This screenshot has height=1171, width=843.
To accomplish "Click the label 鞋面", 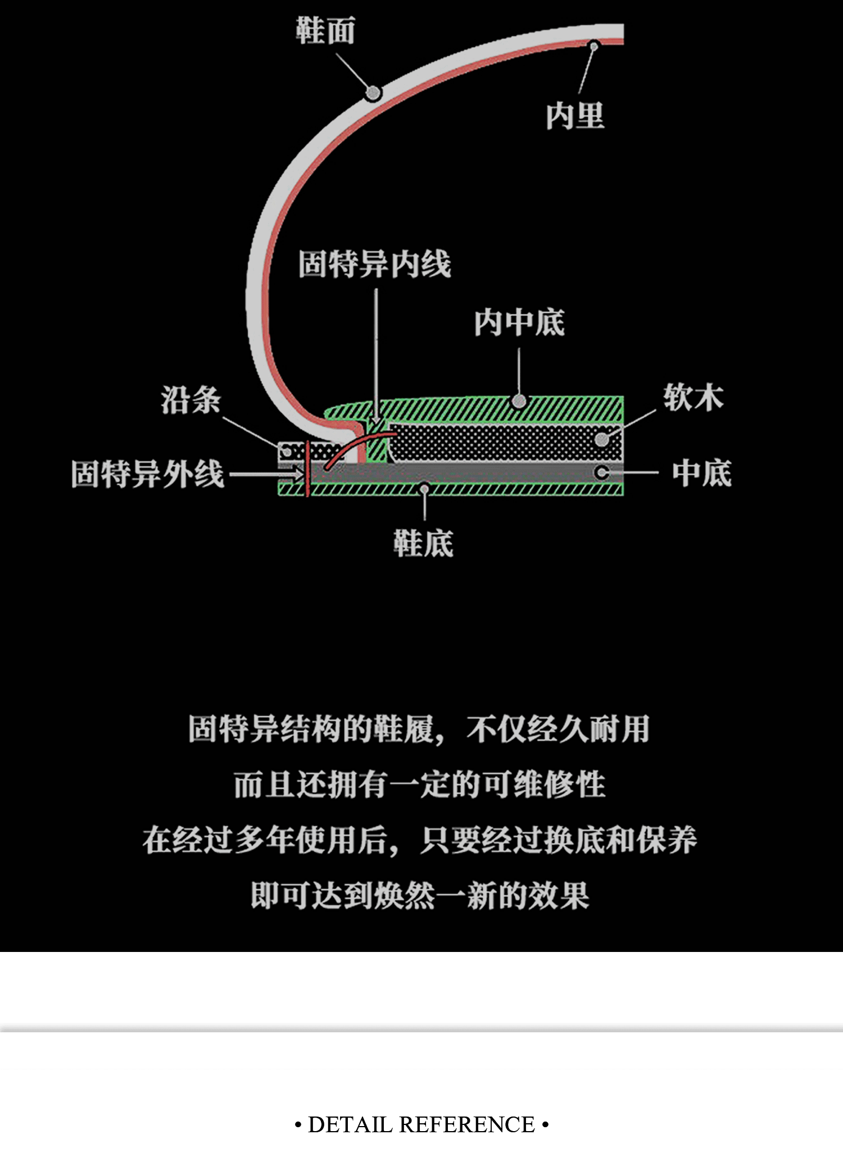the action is (325, 30).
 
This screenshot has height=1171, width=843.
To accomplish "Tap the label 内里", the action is (574, 116).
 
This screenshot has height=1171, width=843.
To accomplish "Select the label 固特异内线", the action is (374, 264).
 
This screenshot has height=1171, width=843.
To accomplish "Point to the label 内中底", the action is (519, 323).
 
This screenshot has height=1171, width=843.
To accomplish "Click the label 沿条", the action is (191, 400).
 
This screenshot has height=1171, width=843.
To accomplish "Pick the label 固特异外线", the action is (147, 474).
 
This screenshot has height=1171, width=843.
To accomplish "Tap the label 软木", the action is (693, 398).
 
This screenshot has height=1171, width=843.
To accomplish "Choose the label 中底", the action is (702, 473).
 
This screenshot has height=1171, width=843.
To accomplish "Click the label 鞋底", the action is (423, 543).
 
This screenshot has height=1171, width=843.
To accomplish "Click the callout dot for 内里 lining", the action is (593, 45).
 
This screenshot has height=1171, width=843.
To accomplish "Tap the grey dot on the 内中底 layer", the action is (519, 401).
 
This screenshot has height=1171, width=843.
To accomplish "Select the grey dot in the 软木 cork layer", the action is (601, 439).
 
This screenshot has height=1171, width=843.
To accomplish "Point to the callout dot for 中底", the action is (601, 472).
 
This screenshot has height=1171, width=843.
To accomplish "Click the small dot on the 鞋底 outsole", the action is (424, 489).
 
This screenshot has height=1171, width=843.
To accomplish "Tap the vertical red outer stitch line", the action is (307, 470).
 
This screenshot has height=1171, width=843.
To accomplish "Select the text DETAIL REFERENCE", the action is (422, 1124).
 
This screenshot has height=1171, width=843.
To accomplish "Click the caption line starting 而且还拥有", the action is (420, 785).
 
